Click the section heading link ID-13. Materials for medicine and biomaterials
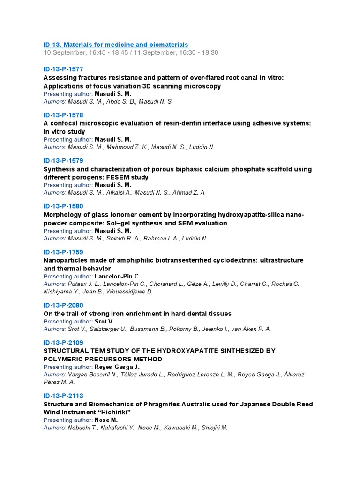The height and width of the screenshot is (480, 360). click(x=116, y=45)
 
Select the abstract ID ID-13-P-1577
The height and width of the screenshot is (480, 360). click(x=63, y=69)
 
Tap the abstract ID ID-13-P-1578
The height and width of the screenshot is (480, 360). click(x=63, y=115)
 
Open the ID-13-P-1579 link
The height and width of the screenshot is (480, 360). click(x=63, y=161)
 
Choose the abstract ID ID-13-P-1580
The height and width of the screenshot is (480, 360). click(x=63, y=206)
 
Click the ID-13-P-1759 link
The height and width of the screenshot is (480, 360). click(x=63, y=252)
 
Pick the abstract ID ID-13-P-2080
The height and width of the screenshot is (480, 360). click(x=63, y=305)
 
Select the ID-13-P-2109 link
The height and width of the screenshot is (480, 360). click(x=63, y=343)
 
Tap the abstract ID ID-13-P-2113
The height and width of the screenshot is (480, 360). click(x=63, y=396)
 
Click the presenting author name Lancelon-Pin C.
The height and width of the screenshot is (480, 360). click(x=117, y=277)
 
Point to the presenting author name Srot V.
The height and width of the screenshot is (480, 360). click(x=104, y=322)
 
